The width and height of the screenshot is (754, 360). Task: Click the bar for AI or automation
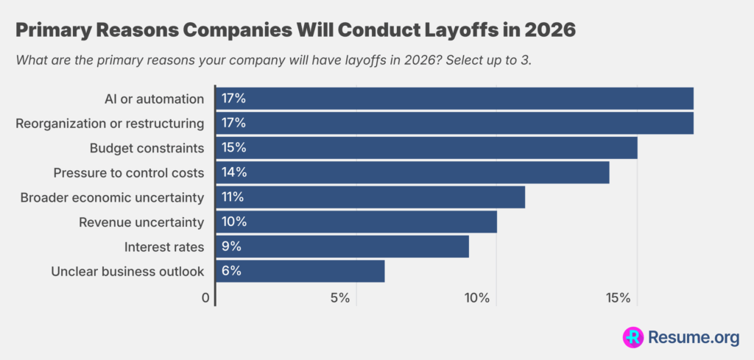(x=454, y=98)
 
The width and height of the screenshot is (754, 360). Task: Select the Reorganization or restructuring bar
(x=454, y=123)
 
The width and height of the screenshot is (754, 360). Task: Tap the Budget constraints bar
(x=426, y=148)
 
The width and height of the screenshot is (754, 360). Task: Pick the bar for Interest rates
(x=342, y=246)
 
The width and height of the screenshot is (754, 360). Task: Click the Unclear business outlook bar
(x=300, y=271)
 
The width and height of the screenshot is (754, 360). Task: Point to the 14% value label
(x=233, y=172)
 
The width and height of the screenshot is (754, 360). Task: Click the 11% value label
(x=233, y=197)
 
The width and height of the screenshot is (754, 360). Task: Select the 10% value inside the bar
(x=233, y=222)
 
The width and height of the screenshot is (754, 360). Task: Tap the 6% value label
(x=231, y=271)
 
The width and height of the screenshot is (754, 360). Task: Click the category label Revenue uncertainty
(x=141, y=222)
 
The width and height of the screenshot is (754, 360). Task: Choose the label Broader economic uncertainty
(x=112, y=197)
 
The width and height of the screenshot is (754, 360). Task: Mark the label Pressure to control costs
(x=129, y=172)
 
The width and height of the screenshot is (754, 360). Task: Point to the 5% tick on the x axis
(x=339, y=298)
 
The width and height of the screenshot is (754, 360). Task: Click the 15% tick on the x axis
(x=619, y=298)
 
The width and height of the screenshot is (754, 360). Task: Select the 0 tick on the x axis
(x=206, y=298)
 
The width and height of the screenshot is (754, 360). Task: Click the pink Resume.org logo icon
(x=633, y=337)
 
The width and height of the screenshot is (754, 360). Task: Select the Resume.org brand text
(x=693, y=337)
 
